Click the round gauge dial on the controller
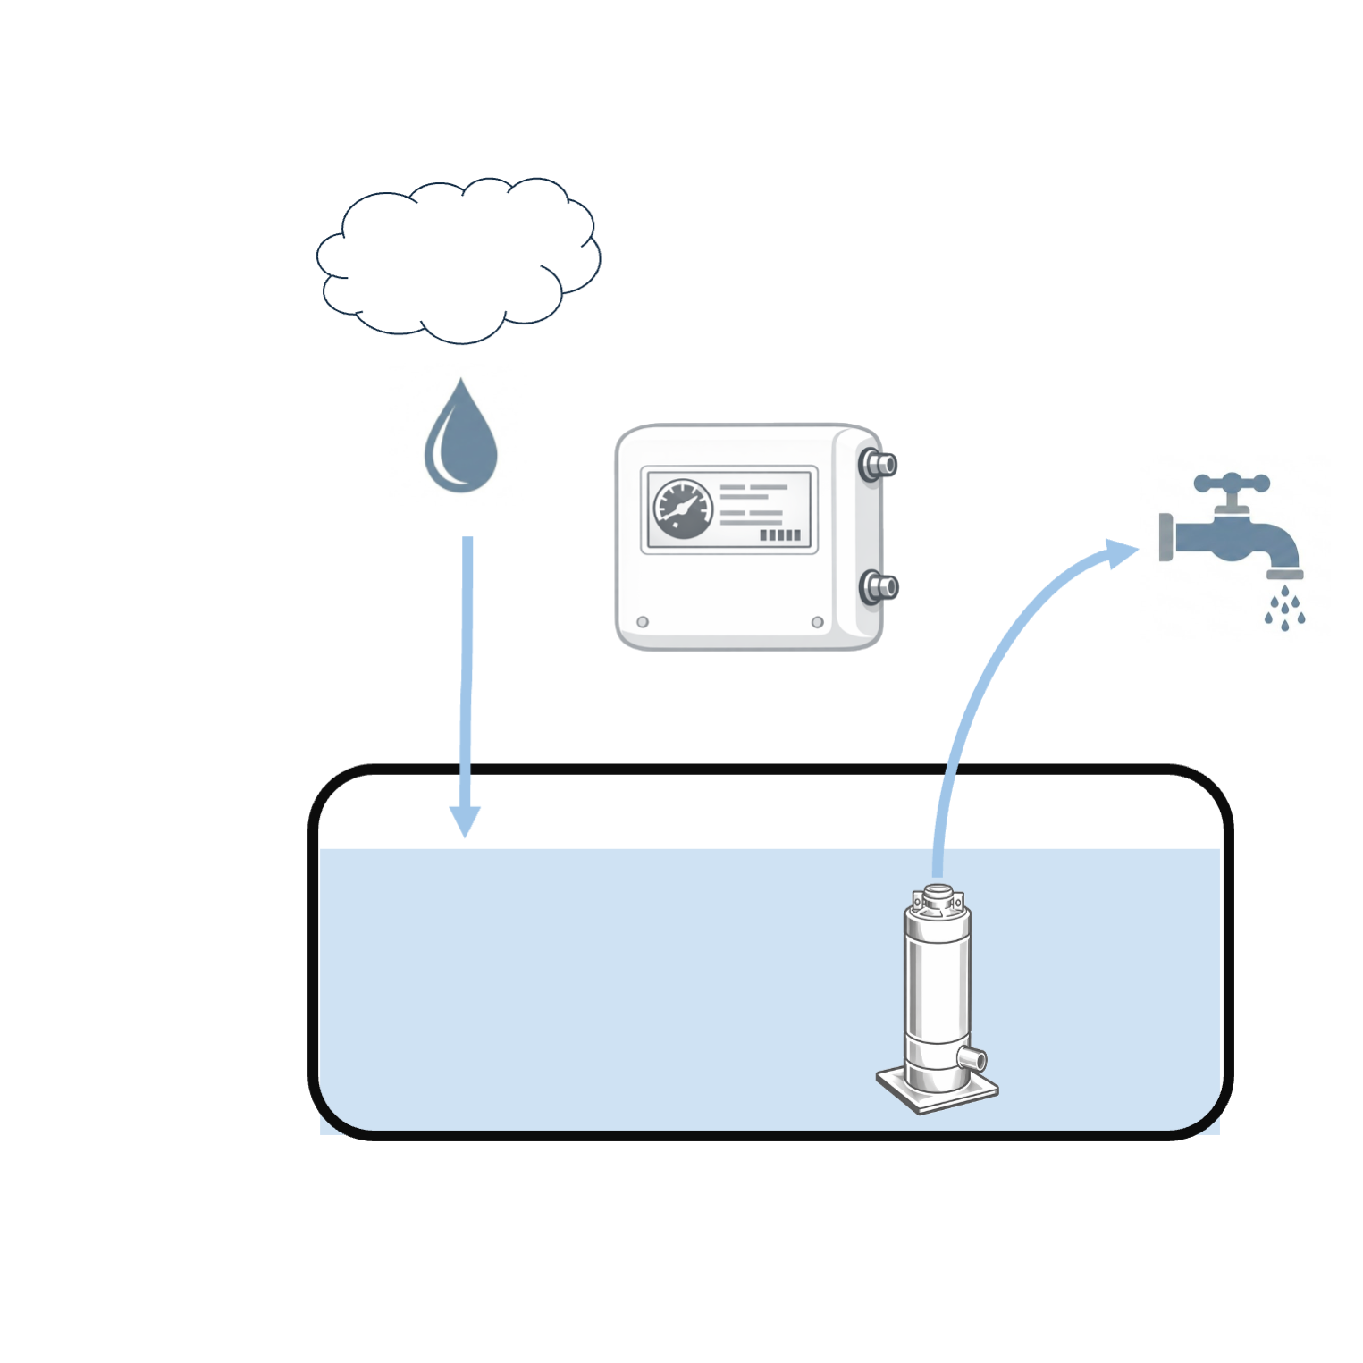click(x=684, y=509)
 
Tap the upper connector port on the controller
click(x=878, y=465)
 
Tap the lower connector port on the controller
click(x=878, y=587)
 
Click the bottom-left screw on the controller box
click(x=643, y=622)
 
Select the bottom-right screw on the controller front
click(x=817, y=622)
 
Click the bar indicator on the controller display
click(x=779, y=534)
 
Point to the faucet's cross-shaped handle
click(x=1232, y=484)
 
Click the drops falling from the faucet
click(x=1285, y=609)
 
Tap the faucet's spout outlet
click(x=1285, y=573)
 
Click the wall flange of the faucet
click(x=1165, y=537)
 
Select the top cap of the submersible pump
click(x=938, y=897)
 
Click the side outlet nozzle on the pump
click(x=972, y=1059)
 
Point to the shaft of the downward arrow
click(x=466, y=670)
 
